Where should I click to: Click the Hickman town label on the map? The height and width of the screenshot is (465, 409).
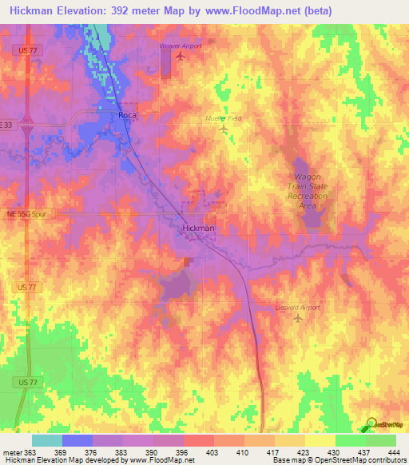click(x=198, y=229)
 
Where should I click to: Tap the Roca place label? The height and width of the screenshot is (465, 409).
click(x=128, y=116)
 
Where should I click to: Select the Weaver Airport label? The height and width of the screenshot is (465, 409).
click(x=181, y=46)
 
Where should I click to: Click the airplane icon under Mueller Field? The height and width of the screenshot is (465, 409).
click(x=223, y=129)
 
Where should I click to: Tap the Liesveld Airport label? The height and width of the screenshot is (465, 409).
click(x=299, y=307)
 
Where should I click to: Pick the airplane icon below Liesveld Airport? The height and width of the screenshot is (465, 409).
click(x=299, y=319)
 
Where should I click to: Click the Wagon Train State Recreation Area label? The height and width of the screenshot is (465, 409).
click(x=308, y=191)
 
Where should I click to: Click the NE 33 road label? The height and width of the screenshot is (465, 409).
click(x=7, y=125)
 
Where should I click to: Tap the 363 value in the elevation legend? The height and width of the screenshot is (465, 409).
click(x=26, y=453)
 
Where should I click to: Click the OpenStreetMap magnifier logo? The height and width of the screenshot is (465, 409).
click(x=371, y=424)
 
